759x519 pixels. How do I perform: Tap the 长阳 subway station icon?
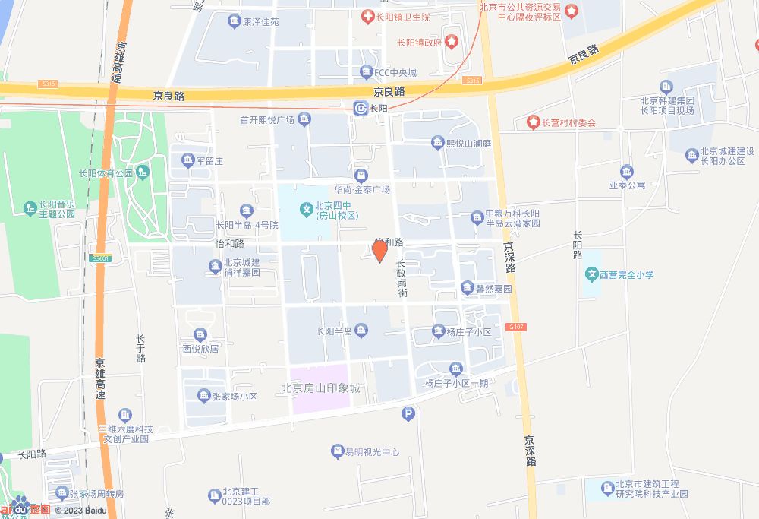pyautogui.click(x=361, y=109)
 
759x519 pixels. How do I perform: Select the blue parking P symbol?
pyautogui.click(x=408, y=414)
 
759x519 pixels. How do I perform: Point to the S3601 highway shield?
pyautogui.click(x=100, y=258)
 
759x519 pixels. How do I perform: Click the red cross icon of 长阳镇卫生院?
pyautogui.click(x=367, y=16)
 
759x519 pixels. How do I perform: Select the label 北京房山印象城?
pyautogui.click(x=321, y=388)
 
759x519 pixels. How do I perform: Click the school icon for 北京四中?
pyautogui.click(x=307, y=207)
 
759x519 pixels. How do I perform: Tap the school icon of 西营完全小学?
pyautogui.click(x=591, y=274)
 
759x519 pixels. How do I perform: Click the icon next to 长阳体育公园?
pyautogui.click(x=142, y=172)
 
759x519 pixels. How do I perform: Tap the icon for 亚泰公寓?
pyautogui.click(x=626, y=171)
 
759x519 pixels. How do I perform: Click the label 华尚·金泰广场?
pyautogui.click(x=362, y=189)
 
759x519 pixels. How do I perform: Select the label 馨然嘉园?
pyautogui.click(x=493, y=289)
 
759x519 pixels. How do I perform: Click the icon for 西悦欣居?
pyautogui.click(x=200, y=334)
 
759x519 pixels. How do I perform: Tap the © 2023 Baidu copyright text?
pyautogui.click(x=80, y=510)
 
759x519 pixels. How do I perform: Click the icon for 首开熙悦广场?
pyautogui.click(x=304, y=119)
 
